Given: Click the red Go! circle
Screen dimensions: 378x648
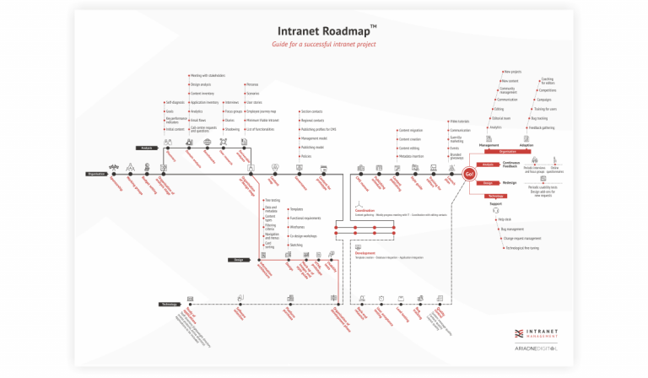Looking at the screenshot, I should pyautogui.click(x=470, y=174).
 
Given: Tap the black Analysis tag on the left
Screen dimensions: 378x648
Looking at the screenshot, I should pyautogui.click(x=141, y=147).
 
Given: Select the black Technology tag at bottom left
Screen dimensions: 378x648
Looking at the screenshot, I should pyautogui.click(x=168, y=304).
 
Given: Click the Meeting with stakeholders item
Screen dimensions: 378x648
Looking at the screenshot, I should pyautogui.click(x=207, y=75).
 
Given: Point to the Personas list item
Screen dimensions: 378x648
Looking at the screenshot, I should pyautogui.click(x=253, y=84).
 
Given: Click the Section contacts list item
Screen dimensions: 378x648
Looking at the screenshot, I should pyautogui.click(x=313, y=111).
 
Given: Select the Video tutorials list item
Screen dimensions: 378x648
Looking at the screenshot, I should pyautogui.click(x=460, y=121).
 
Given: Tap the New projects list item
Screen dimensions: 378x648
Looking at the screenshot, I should pyautogui.click(x=511, y=72).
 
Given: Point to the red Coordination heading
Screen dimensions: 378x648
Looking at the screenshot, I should pyautogui.click(x=364, y=210).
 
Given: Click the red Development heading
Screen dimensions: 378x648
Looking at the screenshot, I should pyautogui.click(x=364, y=252).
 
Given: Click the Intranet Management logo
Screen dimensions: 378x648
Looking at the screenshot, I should pyautogui.click(x=543, y=332).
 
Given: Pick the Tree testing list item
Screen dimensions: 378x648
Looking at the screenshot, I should pyautogui.click(x=273, y=200).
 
